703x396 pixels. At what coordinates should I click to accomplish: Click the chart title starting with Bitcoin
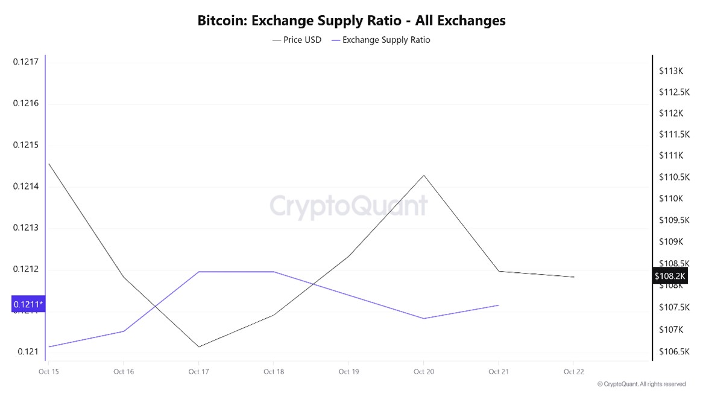351,21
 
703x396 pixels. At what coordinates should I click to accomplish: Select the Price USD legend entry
297,40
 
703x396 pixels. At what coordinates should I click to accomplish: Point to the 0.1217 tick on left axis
25,62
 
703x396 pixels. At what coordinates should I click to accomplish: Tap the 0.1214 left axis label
25,187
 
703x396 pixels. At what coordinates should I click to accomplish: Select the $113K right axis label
671,71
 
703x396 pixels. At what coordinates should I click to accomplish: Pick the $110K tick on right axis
671,199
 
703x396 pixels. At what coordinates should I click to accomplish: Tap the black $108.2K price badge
670,276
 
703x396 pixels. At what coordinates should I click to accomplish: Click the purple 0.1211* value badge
28,304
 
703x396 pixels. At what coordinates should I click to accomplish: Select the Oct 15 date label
49,372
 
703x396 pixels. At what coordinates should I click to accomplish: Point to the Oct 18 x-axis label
274,372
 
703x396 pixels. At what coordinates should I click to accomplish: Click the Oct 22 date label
573,372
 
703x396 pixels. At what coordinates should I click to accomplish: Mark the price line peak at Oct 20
424,176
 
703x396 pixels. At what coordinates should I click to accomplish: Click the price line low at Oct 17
198,346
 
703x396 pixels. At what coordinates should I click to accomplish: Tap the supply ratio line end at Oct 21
499,305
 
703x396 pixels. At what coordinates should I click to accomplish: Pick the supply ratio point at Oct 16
124,331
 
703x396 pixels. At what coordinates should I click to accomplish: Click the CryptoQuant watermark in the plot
348,206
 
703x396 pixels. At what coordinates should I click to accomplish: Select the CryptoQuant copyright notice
642,384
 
